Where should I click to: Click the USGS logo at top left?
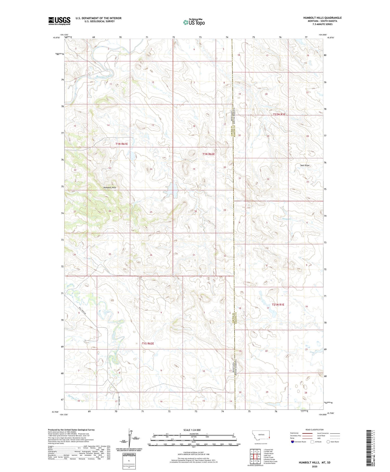tap(59, 21)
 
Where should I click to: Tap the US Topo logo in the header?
tap(194, 22)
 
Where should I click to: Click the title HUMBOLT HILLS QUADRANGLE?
tap(322, 18)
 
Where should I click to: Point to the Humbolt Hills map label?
tap(109, 187)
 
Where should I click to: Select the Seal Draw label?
tap(305, 165)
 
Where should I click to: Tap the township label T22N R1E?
tap(279, 114)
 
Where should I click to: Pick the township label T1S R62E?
tap(148, 343)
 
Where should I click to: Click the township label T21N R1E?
tap(278, 304)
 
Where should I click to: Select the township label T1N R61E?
tap(122, 144)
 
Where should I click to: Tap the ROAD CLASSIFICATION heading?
tap(315, 430)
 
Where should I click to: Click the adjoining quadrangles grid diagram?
tap(255, 454)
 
